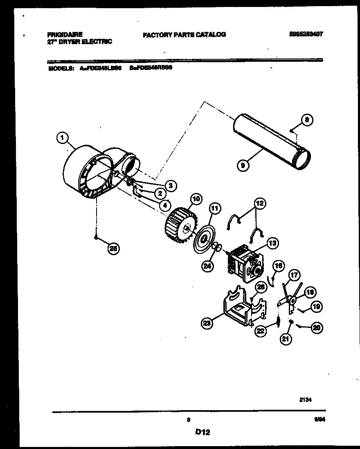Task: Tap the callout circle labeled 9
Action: click(x=243, y=166)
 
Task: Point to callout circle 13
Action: click(x=272, y=243)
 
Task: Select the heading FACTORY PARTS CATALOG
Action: click(x=184, y=35)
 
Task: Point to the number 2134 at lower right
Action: click(x=306, y=401)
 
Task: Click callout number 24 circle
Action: click(x=208, y=266)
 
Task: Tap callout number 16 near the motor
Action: click(x=278, y=266)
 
